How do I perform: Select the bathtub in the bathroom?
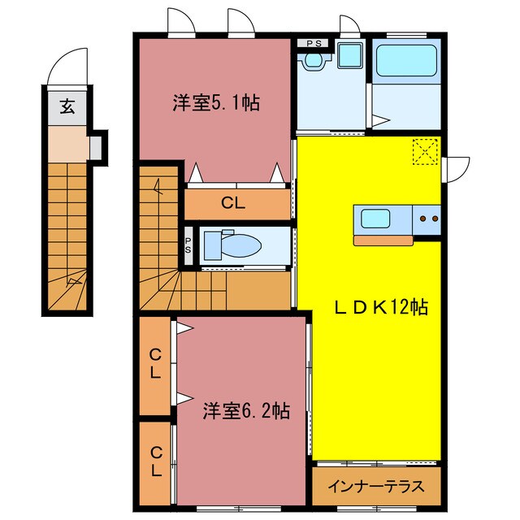point(406,60)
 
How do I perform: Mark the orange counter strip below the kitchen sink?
point(384,239)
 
